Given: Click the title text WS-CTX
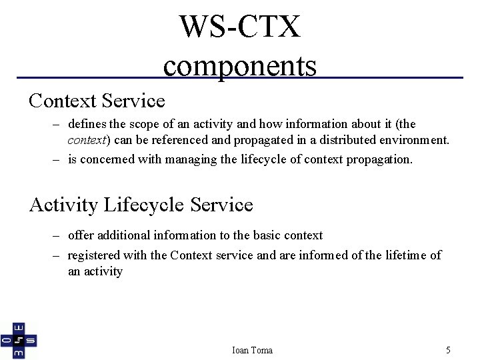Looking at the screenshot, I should click(240, 27).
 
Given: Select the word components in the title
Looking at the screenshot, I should click(240, 66).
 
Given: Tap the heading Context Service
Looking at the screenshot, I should click(97, 101).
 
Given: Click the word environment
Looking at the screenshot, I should click(415, 140).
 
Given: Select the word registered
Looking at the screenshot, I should click(95, 255).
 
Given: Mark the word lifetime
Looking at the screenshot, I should click(403, 255).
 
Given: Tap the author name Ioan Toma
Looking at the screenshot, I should click(252, 350).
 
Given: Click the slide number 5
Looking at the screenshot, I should click(448, 350).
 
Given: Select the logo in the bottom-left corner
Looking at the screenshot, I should click(19, 340).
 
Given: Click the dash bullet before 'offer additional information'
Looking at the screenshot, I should click(57, 235).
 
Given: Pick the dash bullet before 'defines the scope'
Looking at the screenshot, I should click(57, 124).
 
